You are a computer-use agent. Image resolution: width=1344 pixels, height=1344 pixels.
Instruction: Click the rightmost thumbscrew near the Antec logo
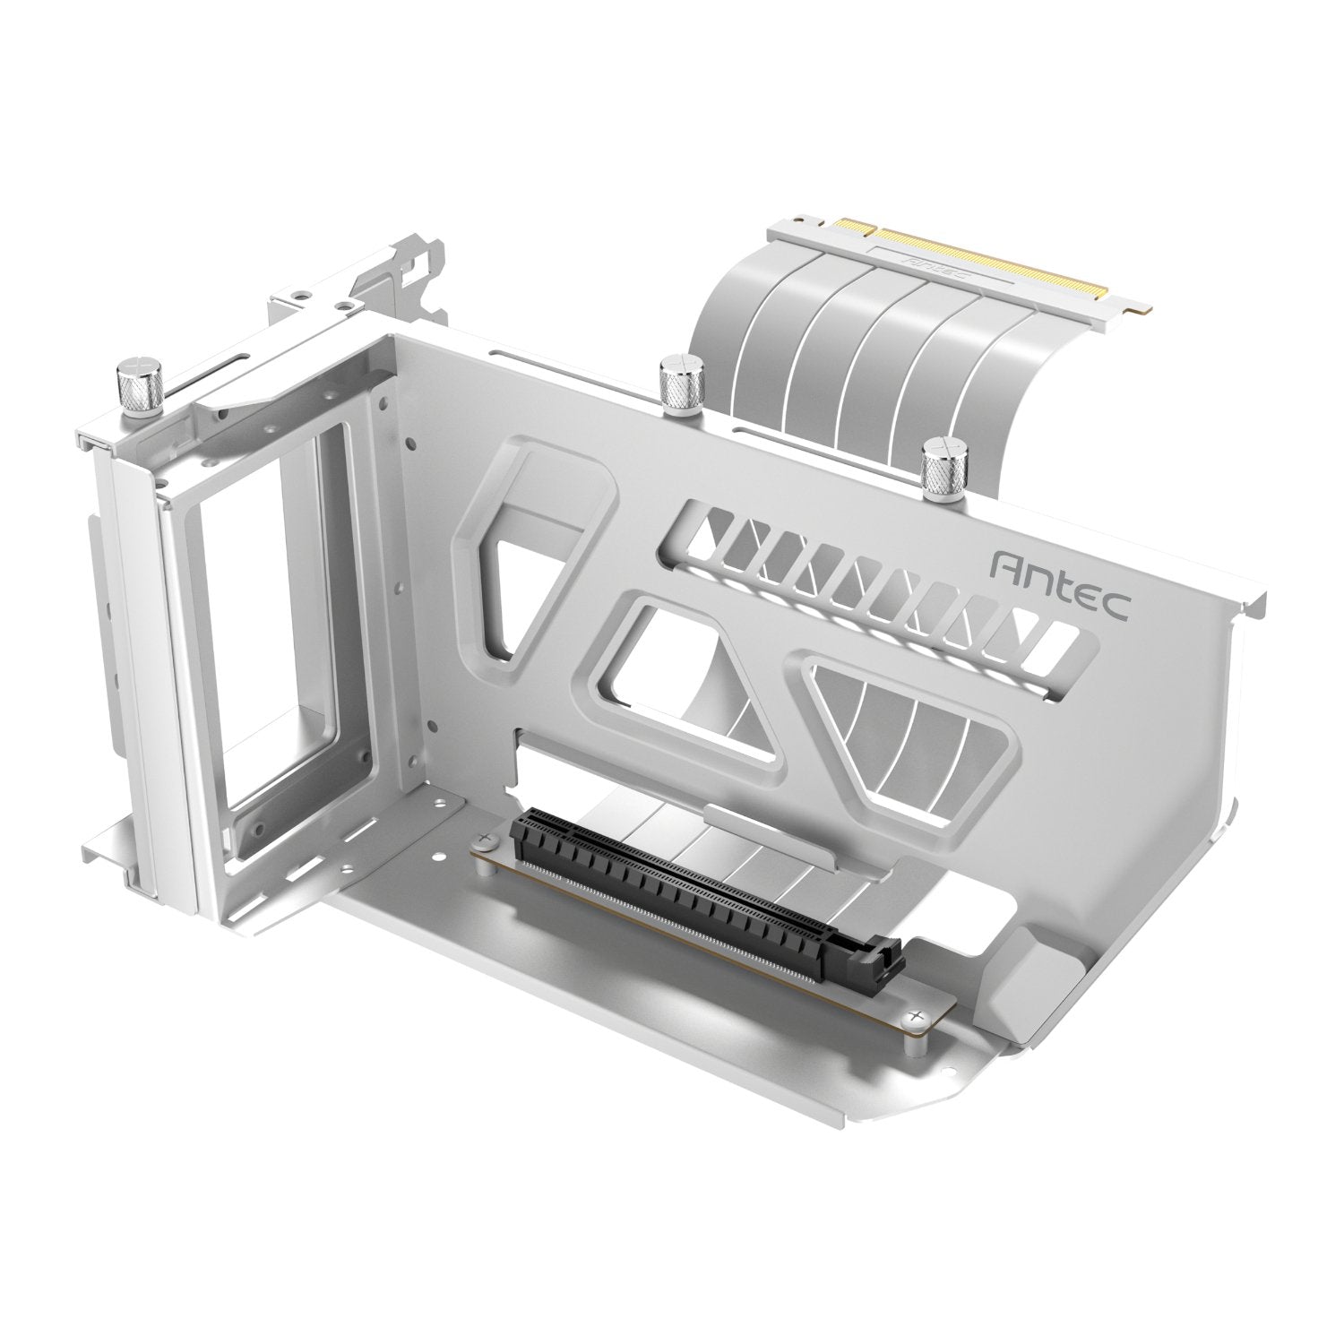tap(940, 464)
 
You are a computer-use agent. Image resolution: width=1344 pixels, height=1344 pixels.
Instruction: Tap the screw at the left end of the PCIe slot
tap(487, 840)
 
